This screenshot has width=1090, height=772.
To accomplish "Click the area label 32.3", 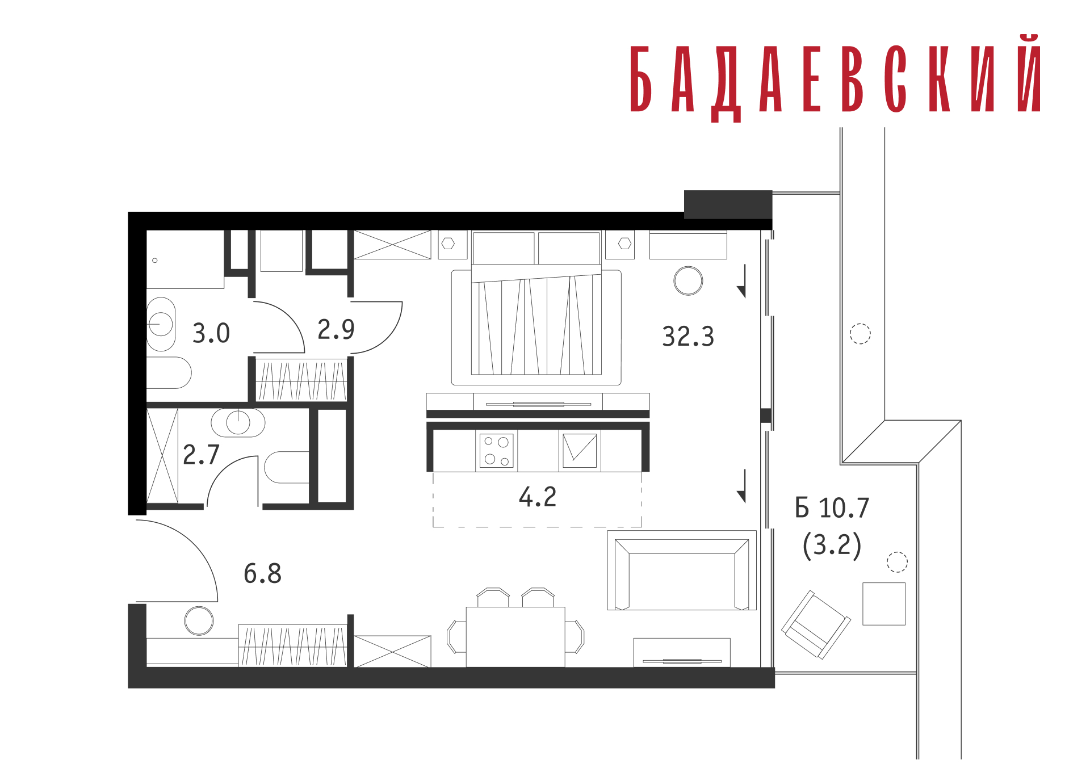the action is click(x=687, y=336).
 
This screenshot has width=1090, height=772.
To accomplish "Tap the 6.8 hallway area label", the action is click(x=262, y=573).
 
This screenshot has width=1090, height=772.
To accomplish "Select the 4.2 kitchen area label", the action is click(x=537, y=497).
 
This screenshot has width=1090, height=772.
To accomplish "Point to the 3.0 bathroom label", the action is click(x=211, y=333).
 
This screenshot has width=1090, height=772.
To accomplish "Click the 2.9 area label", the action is click(x=336, y=329).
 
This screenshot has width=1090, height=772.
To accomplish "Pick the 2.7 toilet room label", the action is click(x=201, y=454).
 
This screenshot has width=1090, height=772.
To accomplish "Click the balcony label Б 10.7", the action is click(x=832, y=507).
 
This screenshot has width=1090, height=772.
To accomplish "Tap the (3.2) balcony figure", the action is click(x=832, y=545).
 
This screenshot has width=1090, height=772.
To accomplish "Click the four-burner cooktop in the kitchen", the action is click(x=496, y=451).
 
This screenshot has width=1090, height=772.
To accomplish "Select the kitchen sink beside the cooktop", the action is click(x=580, y=451).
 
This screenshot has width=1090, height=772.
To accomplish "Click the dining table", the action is click(x=515, y=637).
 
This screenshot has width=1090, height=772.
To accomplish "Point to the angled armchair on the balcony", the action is click(x=816, y=624).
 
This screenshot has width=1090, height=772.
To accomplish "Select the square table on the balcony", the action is click(x=884, y=604).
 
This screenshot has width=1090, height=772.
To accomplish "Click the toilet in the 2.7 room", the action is click(x=286, y=467).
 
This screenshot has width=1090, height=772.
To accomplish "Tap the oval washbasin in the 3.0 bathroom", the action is click(x=161, y=324).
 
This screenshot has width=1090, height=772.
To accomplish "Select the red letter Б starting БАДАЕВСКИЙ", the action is click(x=640, y=79).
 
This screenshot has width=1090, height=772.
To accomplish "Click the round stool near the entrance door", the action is click(x=199, y=620).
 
